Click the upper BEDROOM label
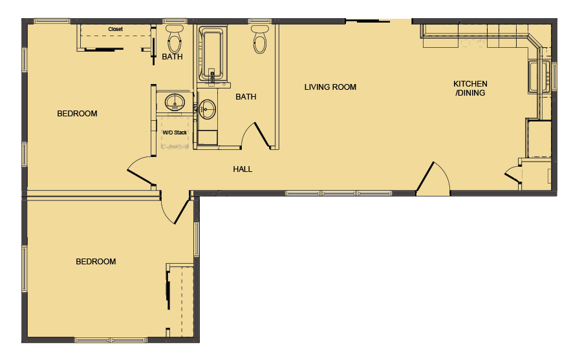(77, 114)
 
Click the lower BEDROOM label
(96, 262)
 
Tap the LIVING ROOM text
(330, 87)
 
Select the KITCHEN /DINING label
(470, 89)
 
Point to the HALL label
(242, 169)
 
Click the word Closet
(115, 29)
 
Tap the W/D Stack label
(175, 132)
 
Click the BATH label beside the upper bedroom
(172, 57)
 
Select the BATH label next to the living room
(246, 97)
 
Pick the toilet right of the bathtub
(259, 40)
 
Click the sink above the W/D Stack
(175, 101)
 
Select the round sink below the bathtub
(207, 109)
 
